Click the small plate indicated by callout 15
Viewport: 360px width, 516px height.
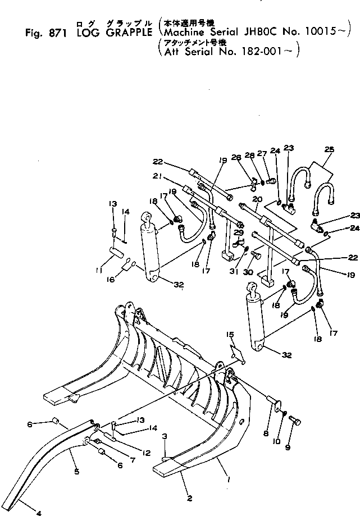(236, 354)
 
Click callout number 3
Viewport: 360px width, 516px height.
(164, 436)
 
